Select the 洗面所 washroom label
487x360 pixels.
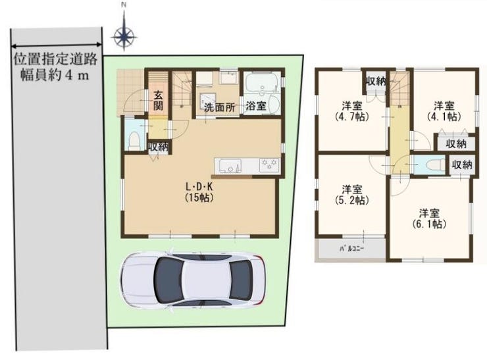coord(220,107)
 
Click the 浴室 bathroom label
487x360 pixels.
coord(256,106)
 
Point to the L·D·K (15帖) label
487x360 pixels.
coord(199,192)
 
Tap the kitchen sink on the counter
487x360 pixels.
coord(230,166)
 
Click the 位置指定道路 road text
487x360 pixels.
coord(55,59)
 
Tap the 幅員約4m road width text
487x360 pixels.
coord(55,75)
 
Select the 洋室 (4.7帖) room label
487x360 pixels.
coord(352,111)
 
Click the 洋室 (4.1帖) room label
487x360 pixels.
coord(444,111)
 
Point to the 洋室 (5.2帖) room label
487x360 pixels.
coord(352,194)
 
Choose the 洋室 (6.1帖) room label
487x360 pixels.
coord(429,219)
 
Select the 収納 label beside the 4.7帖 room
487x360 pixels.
coord(376,82)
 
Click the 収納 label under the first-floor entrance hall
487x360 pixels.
coord(159,147)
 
